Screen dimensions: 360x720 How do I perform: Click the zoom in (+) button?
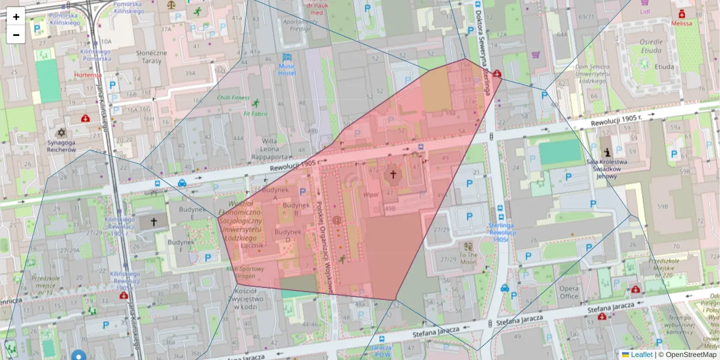coord(16,17)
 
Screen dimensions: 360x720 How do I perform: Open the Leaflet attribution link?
coord(641,355)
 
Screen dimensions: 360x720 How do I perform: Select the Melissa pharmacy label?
coord(682,23)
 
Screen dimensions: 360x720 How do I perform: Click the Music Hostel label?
coord(287,70)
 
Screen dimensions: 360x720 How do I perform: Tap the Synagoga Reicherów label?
coord(61,146)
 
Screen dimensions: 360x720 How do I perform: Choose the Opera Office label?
coord(569,292)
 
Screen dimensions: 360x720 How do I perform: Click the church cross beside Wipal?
coord(394,175)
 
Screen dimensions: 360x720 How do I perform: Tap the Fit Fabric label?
coord(256,113)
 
